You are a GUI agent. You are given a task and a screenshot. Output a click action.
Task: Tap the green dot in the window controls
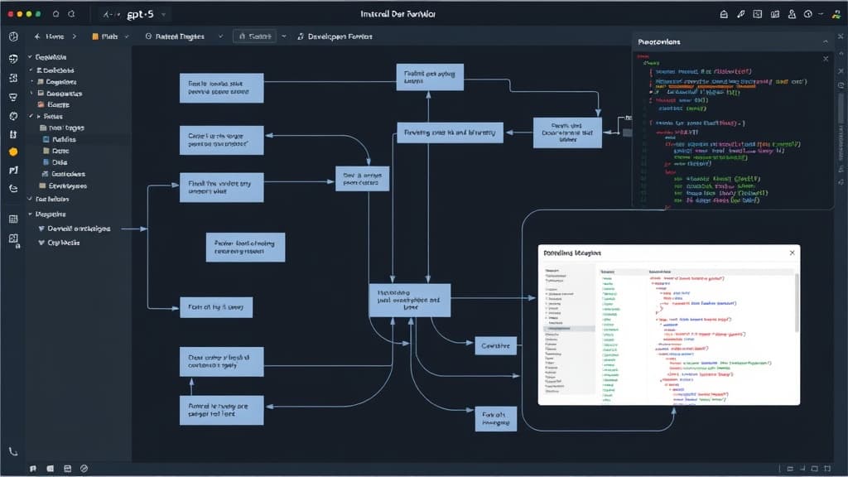pos(38,15)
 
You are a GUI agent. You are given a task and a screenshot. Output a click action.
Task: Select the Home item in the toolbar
pos(54,36)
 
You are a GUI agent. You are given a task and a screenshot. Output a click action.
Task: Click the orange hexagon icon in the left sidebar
pos(13,152)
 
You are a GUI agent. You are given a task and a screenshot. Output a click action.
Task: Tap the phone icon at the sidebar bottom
pos(13,452)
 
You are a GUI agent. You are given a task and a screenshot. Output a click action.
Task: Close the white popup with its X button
pos(792,252)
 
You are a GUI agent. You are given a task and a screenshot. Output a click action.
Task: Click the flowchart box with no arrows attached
pos(244,247)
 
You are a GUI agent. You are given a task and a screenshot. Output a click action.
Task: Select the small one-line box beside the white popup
pos(496,344)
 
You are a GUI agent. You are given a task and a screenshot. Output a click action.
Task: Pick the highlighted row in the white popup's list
pos(570,329)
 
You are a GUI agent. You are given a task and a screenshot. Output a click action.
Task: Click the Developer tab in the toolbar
pos(340,36)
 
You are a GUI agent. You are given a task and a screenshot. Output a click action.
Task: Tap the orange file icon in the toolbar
pos(95,36)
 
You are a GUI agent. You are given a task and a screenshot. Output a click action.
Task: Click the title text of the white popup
pos(571,252)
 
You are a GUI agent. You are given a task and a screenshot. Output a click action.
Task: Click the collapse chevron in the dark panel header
pos(825,41)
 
